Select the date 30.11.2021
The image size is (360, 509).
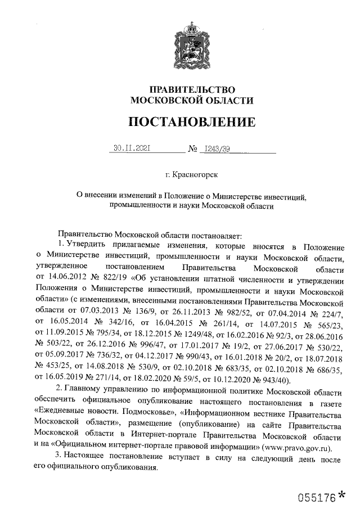tap(130, 149)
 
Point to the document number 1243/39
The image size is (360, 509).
tap(216, 149)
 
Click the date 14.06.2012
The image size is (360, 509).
tap(69, 278)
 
